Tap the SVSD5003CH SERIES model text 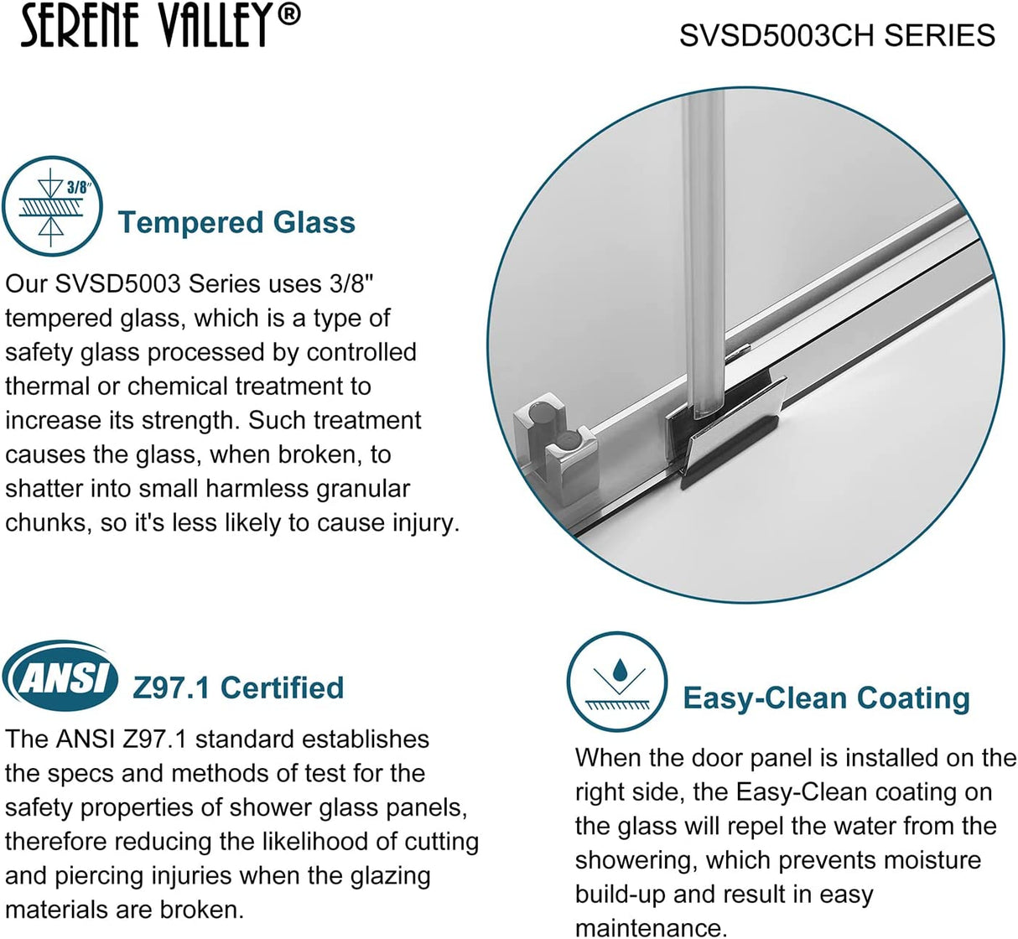837,35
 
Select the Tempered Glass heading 236,222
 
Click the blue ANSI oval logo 60,676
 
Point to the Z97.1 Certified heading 238,687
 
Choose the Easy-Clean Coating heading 826,698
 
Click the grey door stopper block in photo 549,438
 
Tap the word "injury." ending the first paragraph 426,522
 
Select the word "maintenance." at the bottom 652,928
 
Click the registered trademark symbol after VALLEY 288,16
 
